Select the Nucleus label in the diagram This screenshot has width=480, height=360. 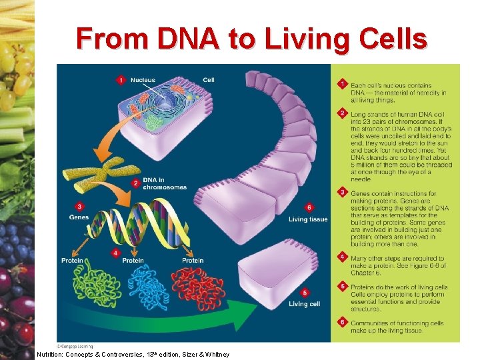click(143, 80)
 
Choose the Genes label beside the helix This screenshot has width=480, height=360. click(79, 217)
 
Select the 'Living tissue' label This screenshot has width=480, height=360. click(307, 219)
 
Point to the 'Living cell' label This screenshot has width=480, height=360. click(304, 304)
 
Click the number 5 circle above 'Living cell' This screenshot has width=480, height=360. click(305, 292)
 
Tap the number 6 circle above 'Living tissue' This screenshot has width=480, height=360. click(309, 207)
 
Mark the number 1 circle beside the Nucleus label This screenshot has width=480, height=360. click(121, 80)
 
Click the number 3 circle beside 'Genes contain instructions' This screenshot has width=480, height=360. click(342, 193)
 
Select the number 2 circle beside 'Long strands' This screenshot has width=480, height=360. click(342, 113)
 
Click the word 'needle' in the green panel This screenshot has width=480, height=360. click(360, 179)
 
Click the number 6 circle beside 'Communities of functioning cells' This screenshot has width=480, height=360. click(342, 322)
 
